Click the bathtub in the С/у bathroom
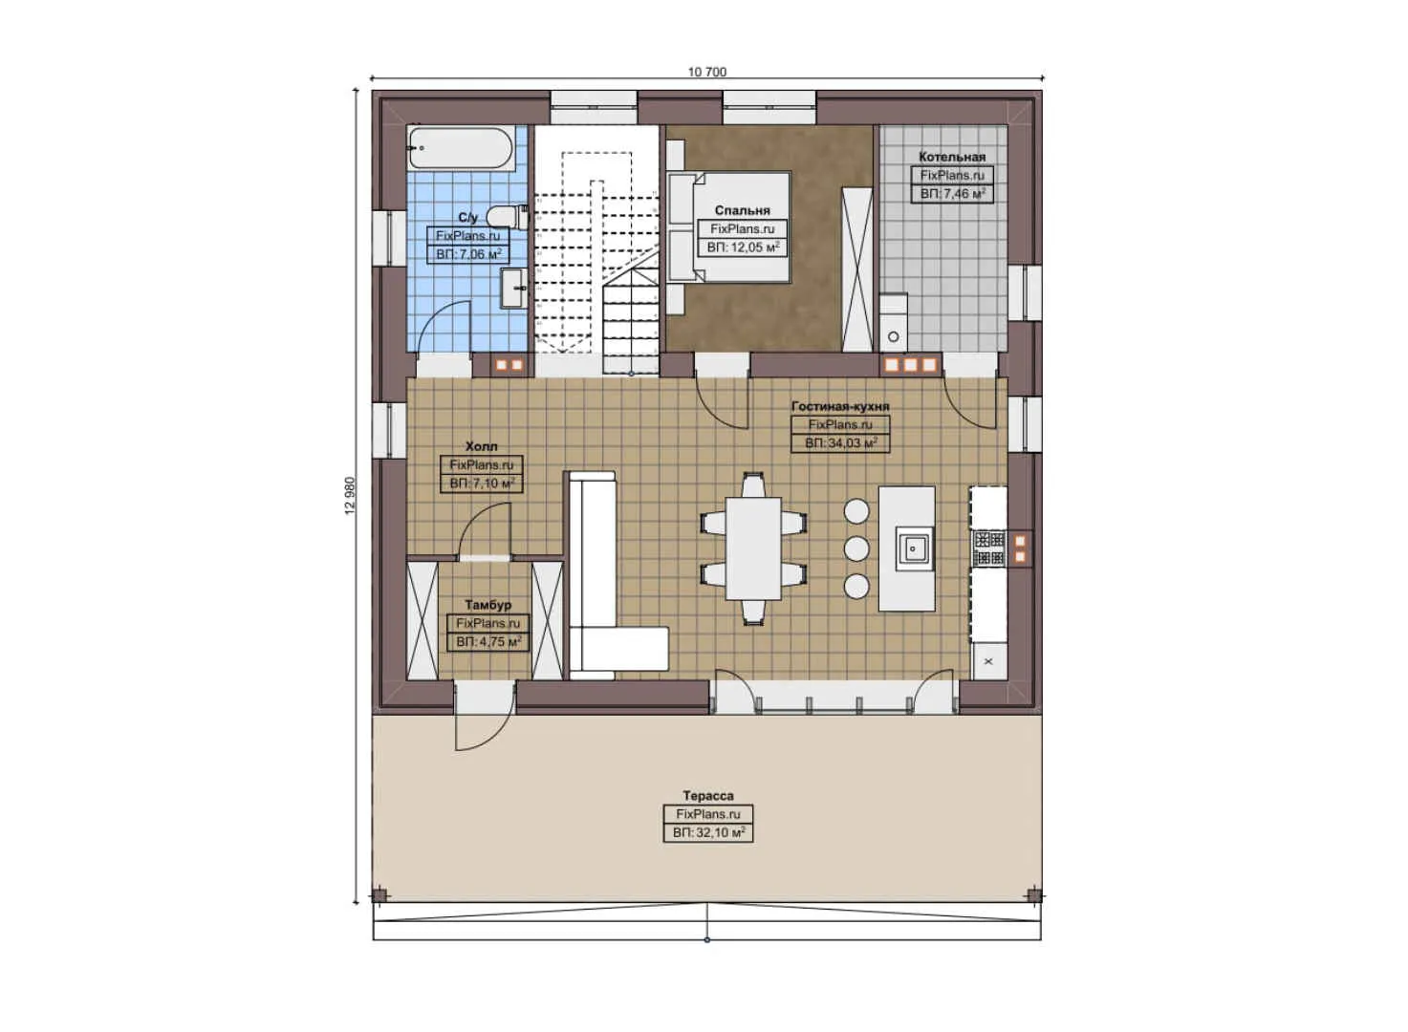(460, 149)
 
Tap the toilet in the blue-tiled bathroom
(505, 217)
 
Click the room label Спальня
(742, 210)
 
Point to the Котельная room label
(951, 157)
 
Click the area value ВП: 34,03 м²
(840, 443)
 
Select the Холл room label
(481, 446)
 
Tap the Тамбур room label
(487, 605)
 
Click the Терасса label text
(708, 796)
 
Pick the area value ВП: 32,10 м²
(708, 833)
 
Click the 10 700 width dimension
(707, 72)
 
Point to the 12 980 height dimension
(350, 496)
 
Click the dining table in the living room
(753, 548)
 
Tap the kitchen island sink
(914, 548)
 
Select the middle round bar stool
(856, 548)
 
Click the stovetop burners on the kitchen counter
(988, 548)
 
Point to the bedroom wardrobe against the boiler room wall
(856, 269)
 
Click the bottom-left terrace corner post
(379, 895)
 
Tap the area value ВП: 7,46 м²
(952, 194)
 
